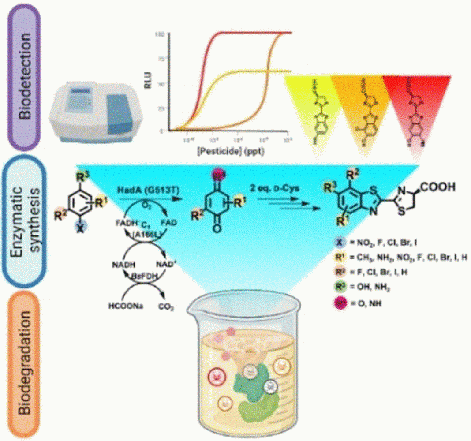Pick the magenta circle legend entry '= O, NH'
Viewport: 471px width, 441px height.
(x=338, y=303)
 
